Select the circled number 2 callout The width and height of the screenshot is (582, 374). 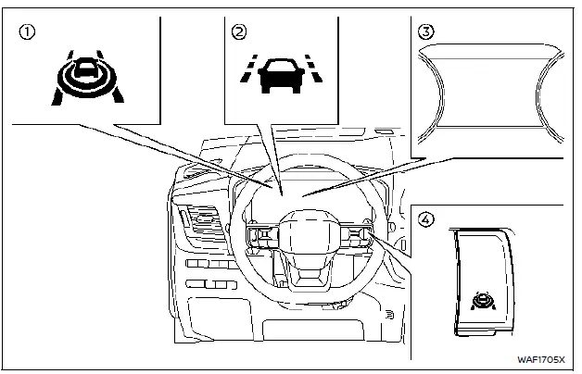point(239,32)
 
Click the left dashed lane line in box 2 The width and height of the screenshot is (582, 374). point(247,73)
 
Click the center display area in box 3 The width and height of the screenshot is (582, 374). point(491,93)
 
